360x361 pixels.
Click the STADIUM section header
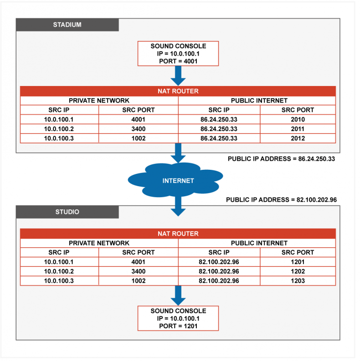pyautogui.click(x=67, y=25)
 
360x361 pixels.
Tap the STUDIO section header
pyautogui.click(x=67, y=212)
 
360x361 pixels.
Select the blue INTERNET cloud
pyautogui.click(x=175, y=180)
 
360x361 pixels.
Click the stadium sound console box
pyautogui.click(x=178, y=54)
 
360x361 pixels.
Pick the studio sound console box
pyautogui.click(x=178, y=318)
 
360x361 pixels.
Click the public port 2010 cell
pyautogui.click(x=298, y=119)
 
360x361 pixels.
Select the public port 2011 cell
pyautogui.click(x=298, y=129)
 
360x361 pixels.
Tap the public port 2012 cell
pyautogui.click(x=298, y=138)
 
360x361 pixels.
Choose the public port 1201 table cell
pyautogui.click(x=298, y=262)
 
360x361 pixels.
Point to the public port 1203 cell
pyautogui.click(x=298, y=281)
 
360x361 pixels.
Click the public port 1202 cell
pyautogui.click(x=298, y=271)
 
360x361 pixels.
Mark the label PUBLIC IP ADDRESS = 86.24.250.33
pyautogui.click(x=282, y=159)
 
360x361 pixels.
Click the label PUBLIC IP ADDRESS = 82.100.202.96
pyautogui.click(x=282, y=199)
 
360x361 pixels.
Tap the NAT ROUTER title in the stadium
pyautogui.click(x=178, y=91)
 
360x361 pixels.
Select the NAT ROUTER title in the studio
pyautogui.click(x=178, y=234)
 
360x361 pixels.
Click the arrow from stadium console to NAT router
pyautogui.click(x=178, y=76)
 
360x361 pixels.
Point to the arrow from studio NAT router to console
pyautogui.click(x=178, y=295)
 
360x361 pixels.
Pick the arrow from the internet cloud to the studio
pyautogui.click(x=178, y=206)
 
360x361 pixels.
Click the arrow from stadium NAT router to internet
pyautogui.click(x=178, y=153)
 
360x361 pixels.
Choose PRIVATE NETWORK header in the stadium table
pyautogui.click(x=99, y=101)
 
